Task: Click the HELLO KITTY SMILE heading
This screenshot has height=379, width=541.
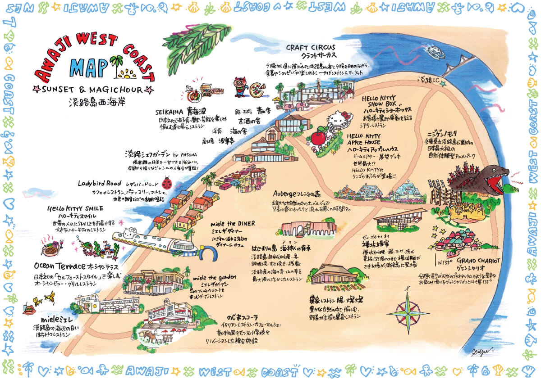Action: click(x=75, y=209)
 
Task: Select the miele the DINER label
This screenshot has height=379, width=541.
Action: click(x=233, y=224)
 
